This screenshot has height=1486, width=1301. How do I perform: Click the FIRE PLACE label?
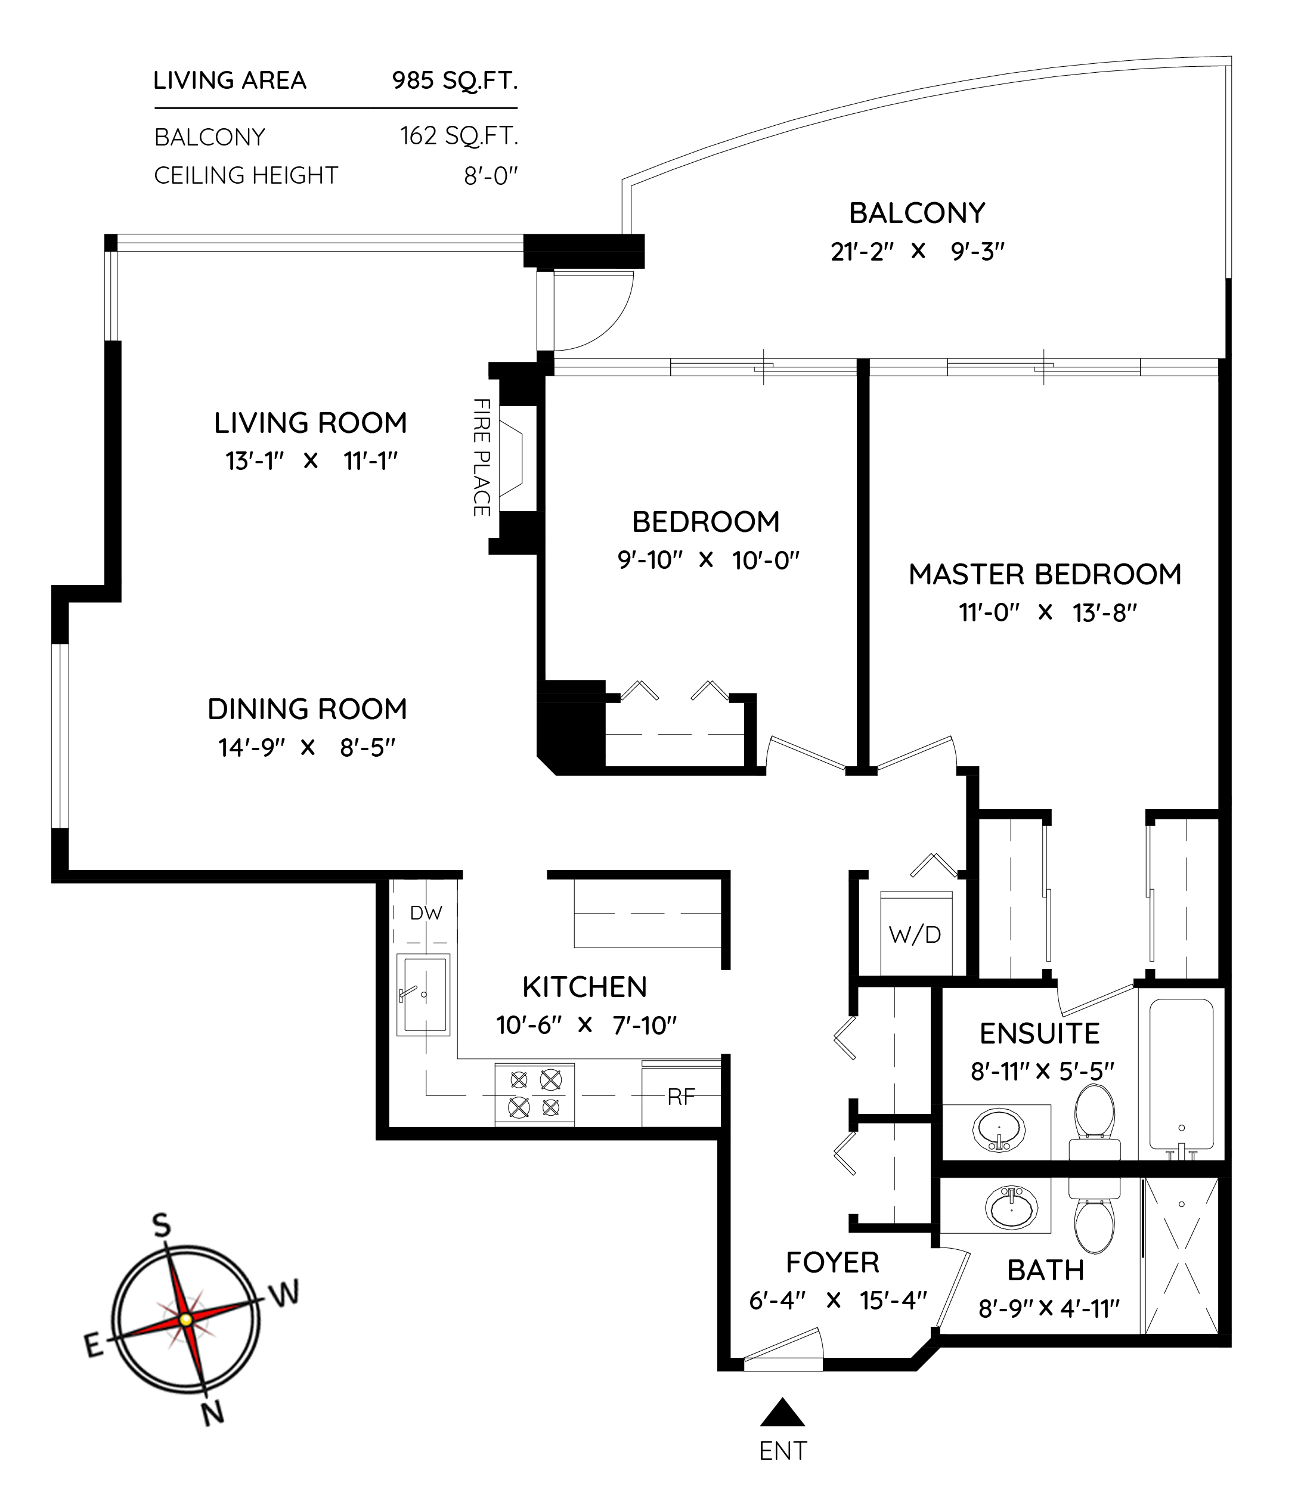481,457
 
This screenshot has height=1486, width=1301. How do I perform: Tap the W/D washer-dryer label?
915,934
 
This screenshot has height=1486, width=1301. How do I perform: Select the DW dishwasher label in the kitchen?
426,912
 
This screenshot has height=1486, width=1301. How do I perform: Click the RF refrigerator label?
681,1096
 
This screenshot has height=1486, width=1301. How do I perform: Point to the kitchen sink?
423,995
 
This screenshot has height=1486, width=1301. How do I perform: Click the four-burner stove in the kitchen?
534,1094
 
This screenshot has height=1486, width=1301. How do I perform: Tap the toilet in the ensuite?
1094,1122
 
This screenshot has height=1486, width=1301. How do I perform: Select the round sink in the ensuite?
999,1130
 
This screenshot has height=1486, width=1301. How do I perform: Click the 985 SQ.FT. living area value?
455,81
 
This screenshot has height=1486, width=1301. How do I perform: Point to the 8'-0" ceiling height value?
491,176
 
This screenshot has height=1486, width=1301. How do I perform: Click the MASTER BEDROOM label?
1045,574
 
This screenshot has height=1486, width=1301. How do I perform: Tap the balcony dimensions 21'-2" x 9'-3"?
918,251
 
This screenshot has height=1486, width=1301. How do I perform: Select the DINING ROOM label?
307,709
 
